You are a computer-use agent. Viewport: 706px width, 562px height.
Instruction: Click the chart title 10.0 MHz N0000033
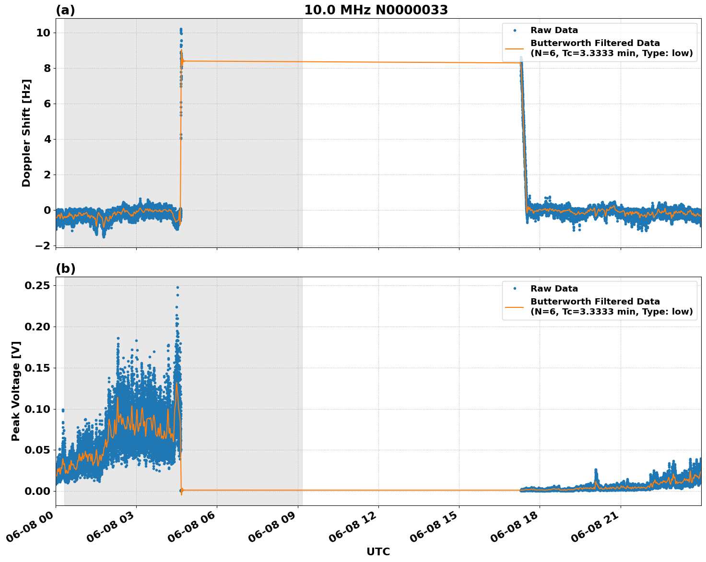coord(376,10)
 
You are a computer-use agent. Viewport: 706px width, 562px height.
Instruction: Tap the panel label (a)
coord(65,10)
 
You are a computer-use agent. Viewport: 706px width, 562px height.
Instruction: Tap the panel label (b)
coord(66,269)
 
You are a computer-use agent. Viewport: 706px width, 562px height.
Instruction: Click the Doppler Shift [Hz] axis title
coord(26,133)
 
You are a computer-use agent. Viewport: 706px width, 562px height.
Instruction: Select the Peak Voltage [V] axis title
coord(16,391)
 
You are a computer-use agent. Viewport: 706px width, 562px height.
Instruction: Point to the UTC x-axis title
coord(378,551)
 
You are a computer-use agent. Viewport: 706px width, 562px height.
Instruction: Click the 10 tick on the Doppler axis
coord(44,33)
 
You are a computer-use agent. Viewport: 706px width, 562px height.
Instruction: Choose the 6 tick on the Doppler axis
coord(47,104)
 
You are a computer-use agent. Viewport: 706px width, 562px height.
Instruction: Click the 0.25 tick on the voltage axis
coord(37,285)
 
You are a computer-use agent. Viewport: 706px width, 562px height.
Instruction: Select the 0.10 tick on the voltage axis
coord(37,409)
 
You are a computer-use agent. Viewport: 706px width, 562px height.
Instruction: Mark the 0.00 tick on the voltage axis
coord(37,491)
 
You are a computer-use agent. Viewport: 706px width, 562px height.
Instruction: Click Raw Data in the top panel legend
coord(554,30)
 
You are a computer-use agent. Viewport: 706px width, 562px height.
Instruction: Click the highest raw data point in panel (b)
coord(177,287)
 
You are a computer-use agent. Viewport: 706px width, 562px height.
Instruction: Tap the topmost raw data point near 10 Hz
coord(181,29)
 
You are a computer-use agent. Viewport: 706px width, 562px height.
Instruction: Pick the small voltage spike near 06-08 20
coord(596,470)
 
